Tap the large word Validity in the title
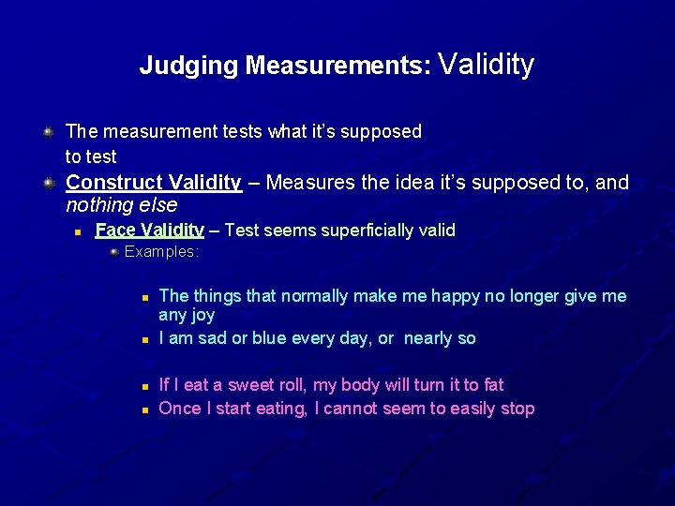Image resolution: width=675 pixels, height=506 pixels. point(486,64)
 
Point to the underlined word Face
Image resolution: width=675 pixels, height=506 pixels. point(114,231)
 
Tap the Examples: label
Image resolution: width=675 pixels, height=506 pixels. point(162,251)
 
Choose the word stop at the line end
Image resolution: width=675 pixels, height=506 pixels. point(517,409)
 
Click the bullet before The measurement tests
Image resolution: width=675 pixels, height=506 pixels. point(49,131)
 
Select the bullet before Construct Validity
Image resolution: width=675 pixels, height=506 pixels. point(49,182)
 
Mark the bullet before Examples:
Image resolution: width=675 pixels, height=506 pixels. point(114,251)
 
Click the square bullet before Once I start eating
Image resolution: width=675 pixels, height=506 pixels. point(145,409)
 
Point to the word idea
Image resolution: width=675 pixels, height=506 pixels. point(384,182)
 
